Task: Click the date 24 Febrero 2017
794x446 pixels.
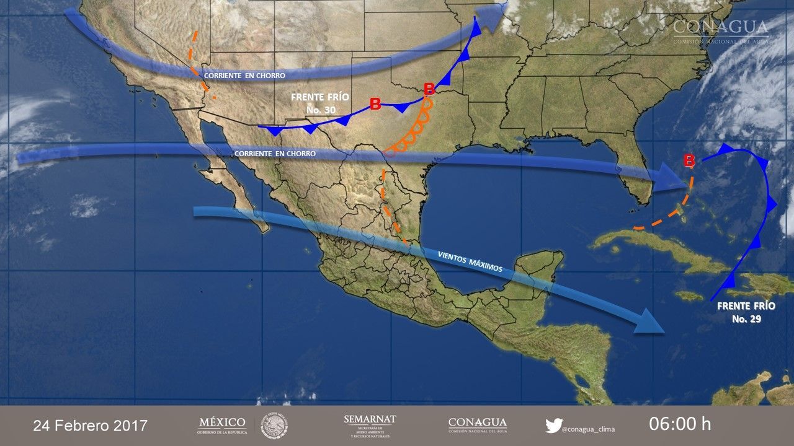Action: point(90,426)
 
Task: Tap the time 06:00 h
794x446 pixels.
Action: point(680,424)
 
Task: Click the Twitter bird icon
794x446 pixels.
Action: point(553,426)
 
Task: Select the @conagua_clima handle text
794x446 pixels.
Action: point(589,429)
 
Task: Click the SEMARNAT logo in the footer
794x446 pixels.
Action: point(370,425)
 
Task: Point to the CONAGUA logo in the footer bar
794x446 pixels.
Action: point(477,425)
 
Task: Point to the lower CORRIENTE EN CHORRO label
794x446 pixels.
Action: point(275,154)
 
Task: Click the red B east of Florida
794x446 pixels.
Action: point(689,161)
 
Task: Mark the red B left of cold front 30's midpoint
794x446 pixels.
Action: point(375,104)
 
